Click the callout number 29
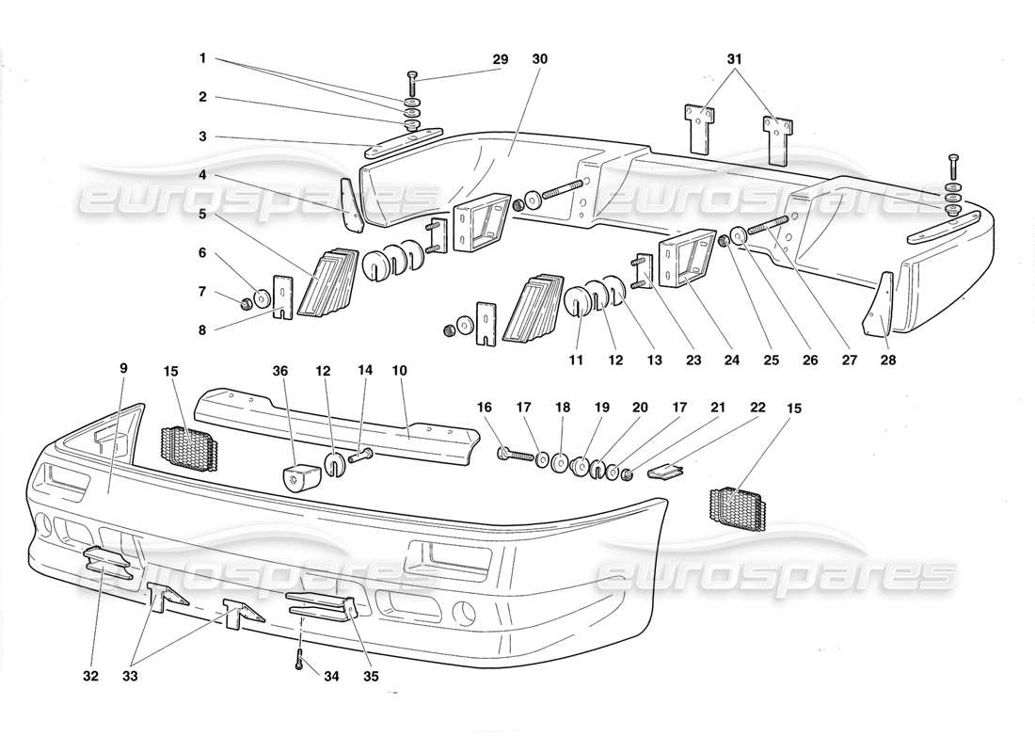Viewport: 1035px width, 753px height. tap(500, 59)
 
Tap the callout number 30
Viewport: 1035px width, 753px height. tap(539, 59)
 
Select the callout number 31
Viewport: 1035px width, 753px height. tap(735, 59)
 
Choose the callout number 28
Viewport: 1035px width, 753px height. tap(887, 359)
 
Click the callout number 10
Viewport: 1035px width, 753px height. tap(399, 371)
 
